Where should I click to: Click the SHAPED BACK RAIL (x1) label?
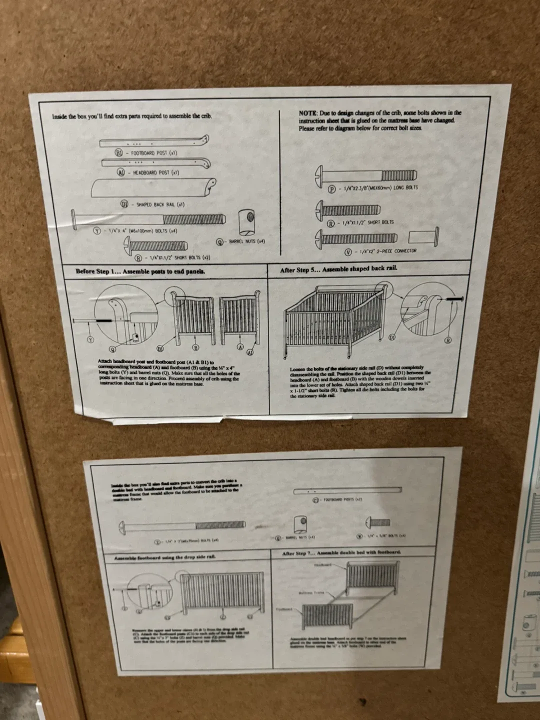click(159, 204)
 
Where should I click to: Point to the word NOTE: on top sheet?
click(308, 113)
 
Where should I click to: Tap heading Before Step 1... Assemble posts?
click(140, 271)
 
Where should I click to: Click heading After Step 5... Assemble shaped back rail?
click(338, 269)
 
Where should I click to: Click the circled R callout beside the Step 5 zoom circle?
click(448, 340)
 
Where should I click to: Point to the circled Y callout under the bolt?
click(90, 339)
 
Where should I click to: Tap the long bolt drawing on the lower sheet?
click(182, 525)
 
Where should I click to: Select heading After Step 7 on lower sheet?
click(341, 553)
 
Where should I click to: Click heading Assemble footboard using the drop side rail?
click(165, 557)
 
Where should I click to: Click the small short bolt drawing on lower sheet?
click(378, 522)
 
